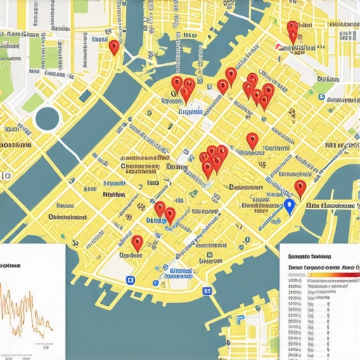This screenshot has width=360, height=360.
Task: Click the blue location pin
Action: [288, 207]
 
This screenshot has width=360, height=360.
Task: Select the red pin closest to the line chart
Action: [137, 243]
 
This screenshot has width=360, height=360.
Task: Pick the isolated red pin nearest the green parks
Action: [114, 47]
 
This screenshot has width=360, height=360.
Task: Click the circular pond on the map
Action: [47, 117]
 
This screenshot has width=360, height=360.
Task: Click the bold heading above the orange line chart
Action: [11, 266]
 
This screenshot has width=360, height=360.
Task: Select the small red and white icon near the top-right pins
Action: [281, 47]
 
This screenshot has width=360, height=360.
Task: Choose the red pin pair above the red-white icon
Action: [292, 31]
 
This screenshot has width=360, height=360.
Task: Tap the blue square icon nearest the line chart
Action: [129, 279]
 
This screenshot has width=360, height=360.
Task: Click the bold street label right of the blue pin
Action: [330, 204]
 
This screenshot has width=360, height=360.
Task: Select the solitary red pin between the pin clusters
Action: [252, 141]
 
